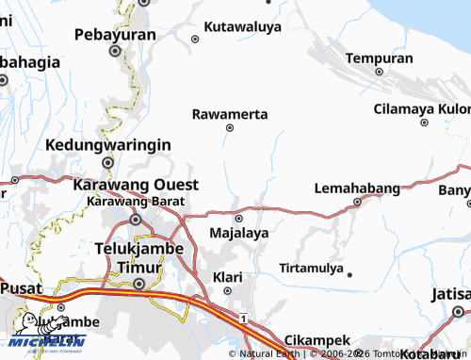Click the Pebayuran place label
115,35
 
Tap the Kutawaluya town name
243,27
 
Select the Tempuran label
379,58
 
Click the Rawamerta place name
230,114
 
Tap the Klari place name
228,277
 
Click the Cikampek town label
317,339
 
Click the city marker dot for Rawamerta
230,127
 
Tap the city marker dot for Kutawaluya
195,39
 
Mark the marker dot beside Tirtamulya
349,275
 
